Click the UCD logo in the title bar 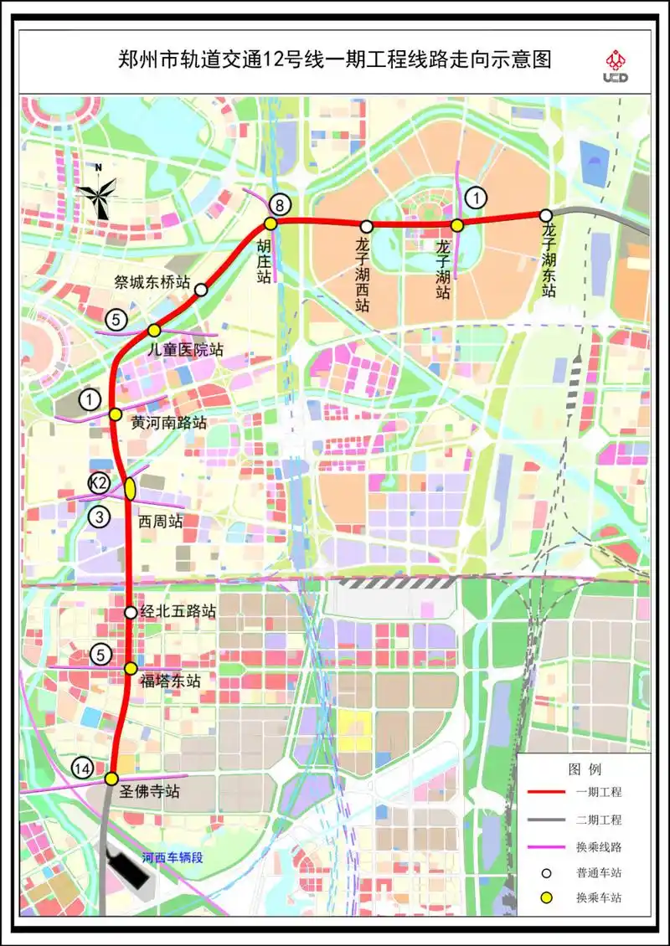click(615, 66)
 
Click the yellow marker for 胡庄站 click(271, 224)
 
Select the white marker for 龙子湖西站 click(366, 226)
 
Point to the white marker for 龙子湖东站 click(545, 215)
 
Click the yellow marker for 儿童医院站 click(154, 330)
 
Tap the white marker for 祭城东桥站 click(201, 290)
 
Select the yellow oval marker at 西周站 click(131, 488)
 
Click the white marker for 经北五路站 click(131, 612)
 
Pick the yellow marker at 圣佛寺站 click(111, 779)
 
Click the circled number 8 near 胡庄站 click(280, 204)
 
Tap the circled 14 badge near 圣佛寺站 click(82, 768)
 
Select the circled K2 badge click(100, 483)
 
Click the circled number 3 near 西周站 click(100, 517)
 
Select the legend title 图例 click(584, 769)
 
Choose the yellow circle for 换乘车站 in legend click(546, 898)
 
